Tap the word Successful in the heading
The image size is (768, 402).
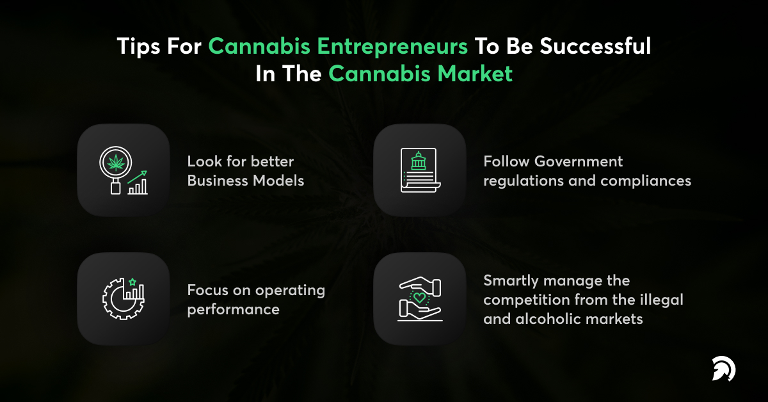coord(595,45)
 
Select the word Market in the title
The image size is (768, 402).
coord(475,74)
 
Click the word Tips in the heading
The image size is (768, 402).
coord(138,46)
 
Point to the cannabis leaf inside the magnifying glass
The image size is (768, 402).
coord(116,163)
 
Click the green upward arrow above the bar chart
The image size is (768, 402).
coord(137,177)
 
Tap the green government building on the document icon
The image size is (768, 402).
coord(419,161)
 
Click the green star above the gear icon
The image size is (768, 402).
coord(132,282)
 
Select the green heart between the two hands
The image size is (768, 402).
coord(419,297)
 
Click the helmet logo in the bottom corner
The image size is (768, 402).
coord(723,369)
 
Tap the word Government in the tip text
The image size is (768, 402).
coord(579,161)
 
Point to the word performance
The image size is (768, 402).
coord(233,310)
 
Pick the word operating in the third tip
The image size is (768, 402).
coord(290,291)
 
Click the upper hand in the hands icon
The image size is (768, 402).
coord(420,286)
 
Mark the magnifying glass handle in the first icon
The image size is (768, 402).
coord(116,187)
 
